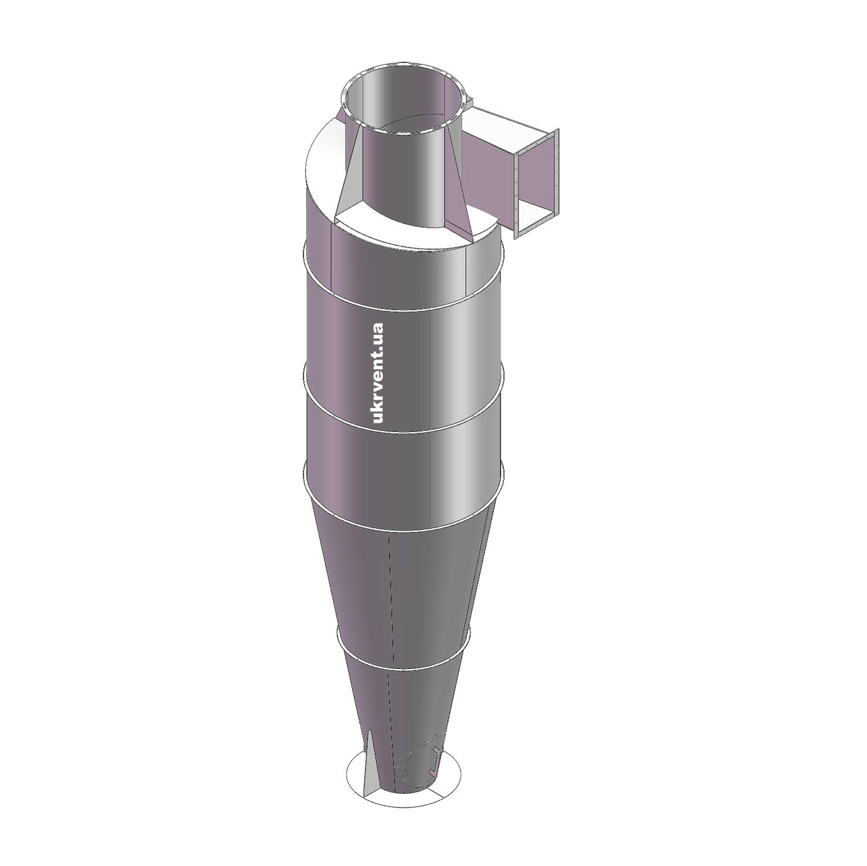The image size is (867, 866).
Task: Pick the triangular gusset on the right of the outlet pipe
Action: (x=460, y=191)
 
